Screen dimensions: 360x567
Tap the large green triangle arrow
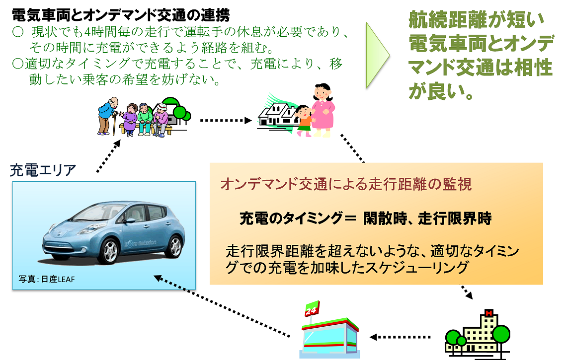pyautogui.click(x=377, y=54)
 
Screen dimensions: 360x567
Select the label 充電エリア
pyautogui.click(x=43, y=171)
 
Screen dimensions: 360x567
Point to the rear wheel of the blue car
pyautogui.click(x=174, y=246)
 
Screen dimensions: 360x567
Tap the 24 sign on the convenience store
pyautogui.click(x=311, y=312)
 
